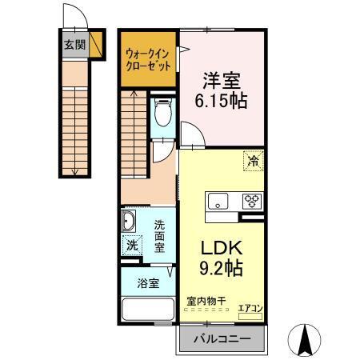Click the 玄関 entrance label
click(75, 45)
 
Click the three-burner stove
click(252, 201)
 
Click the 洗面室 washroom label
click(160, 236)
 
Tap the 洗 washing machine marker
click(131, 246)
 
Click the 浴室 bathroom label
click(147, 283)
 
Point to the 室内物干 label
click(206, 301)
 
